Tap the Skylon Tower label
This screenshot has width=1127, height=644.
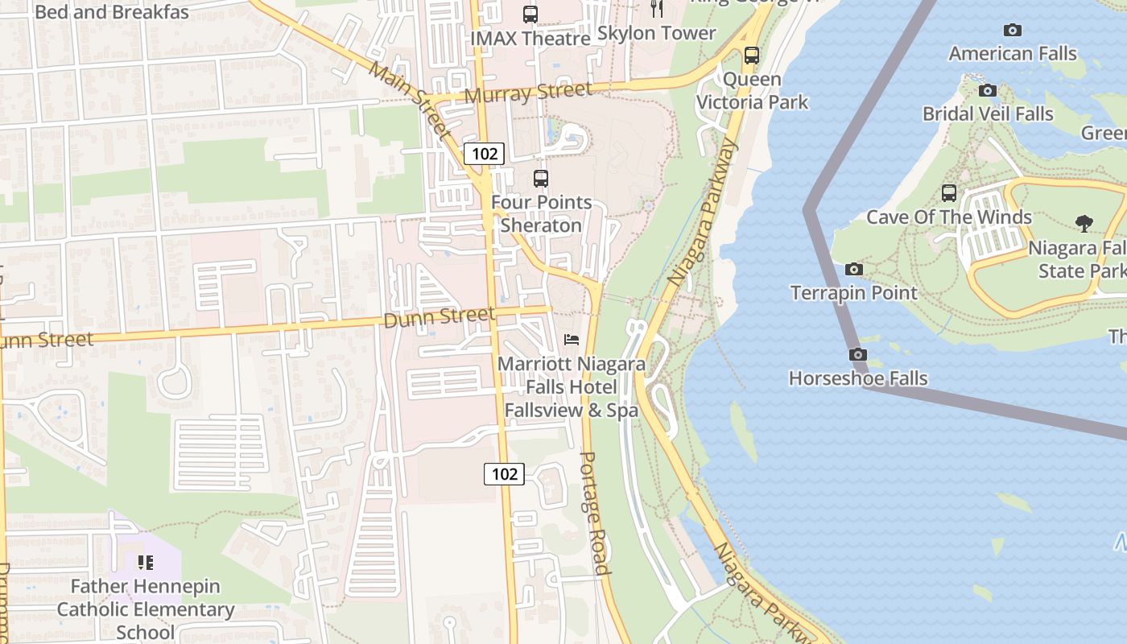coord(656,33)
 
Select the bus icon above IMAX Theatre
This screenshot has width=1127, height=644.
coord(530,14)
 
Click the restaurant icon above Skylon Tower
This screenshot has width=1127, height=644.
coord(657,8)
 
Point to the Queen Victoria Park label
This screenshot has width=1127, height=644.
coord(752,90)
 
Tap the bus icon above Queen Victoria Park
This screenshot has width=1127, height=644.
coord(751,56)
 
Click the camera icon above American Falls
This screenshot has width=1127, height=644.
coord(1013,31)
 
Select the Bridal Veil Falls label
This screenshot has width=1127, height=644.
coord(988,114)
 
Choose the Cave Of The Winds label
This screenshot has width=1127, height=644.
coord(948,217)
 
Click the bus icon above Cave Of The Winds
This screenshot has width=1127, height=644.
coord(949,193)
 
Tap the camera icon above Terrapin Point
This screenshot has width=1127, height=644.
coord(854,269)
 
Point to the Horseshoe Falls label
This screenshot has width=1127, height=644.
coord(858,378)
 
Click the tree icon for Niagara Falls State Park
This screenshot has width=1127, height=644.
coord(1084,223)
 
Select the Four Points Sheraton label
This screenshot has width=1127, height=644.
coord(541,213)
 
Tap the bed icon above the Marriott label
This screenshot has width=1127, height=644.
coord(572,340)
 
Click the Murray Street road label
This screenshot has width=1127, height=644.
coord(529,93)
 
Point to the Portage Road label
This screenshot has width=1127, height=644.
coord(593,513)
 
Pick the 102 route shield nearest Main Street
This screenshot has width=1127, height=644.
coord(484,153)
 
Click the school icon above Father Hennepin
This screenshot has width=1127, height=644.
coord(145,562)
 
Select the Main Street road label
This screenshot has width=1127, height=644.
coord(410,97)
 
